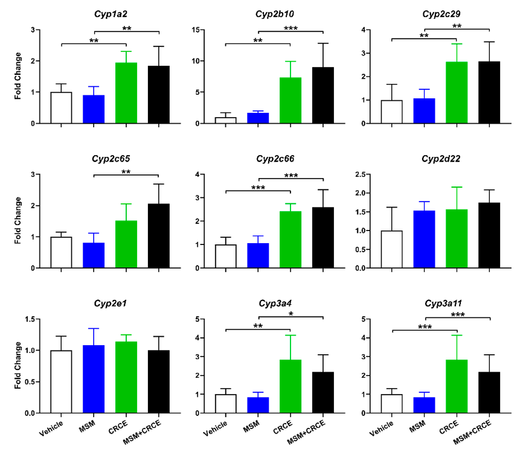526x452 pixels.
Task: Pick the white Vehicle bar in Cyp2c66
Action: tap(225, 256)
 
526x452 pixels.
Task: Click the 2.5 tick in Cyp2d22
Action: tap(367, 174)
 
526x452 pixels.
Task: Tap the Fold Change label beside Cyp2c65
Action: tap(18, 221)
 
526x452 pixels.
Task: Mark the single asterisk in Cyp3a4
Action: tap(290, 313)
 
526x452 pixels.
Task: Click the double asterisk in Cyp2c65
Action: tap(126, 172)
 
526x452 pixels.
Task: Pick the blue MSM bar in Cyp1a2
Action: tap(94, 109)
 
